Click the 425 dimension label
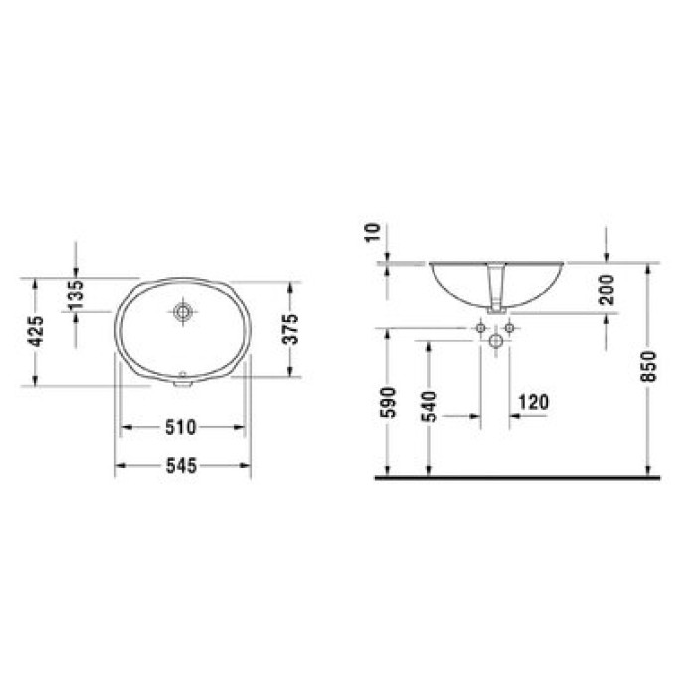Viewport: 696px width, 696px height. (36, 331)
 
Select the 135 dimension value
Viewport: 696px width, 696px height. (76, 295)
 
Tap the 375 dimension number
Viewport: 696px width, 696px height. (291, 329)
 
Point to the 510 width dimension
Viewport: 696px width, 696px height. (181, 427)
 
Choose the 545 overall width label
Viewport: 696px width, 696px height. (181, 466)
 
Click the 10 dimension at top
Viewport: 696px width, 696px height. (373, 233)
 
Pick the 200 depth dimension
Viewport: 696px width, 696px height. (607, 290)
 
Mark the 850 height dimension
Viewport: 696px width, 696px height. (648, 366)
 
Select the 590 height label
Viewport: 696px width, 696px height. (388, 402)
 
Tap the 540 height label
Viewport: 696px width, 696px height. (430, 406)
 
